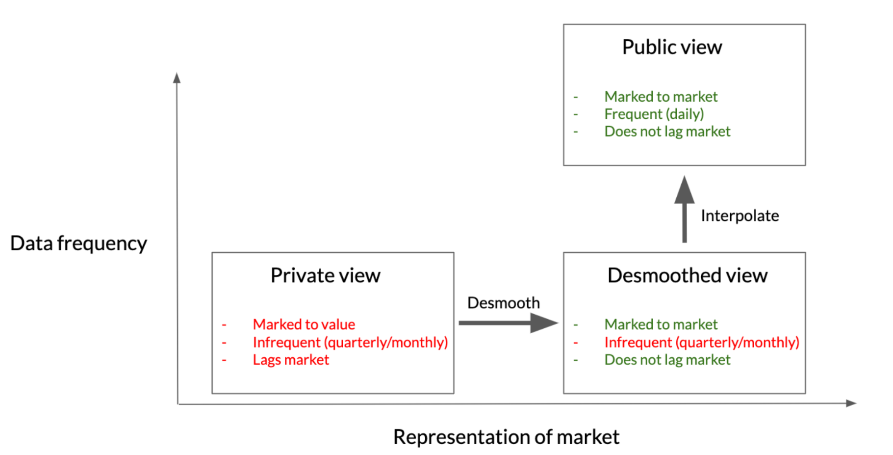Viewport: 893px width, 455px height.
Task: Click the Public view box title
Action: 671,47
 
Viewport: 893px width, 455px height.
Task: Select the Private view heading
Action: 325,275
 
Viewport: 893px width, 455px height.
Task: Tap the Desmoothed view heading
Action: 687,275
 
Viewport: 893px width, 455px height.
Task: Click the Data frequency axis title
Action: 78,243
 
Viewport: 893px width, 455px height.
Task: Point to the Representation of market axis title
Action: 506,437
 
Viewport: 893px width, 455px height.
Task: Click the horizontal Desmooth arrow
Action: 508,323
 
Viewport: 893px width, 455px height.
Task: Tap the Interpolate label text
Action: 740,215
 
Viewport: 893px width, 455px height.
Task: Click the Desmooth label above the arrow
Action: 503,303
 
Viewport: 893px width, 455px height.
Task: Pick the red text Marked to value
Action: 304,324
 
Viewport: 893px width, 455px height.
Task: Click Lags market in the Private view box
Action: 291,360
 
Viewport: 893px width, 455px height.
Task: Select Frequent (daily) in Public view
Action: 654,114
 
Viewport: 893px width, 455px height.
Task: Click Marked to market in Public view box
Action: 661,97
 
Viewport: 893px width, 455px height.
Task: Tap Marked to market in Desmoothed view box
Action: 661,324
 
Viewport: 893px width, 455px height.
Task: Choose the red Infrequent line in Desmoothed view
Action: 701,342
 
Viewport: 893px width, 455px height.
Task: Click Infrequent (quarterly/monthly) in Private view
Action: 350,342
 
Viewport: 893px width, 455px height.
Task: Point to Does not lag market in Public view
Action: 667,132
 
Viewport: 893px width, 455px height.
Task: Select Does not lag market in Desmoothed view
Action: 667,360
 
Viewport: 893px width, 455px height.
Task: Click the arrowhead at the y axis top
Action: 177,78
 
